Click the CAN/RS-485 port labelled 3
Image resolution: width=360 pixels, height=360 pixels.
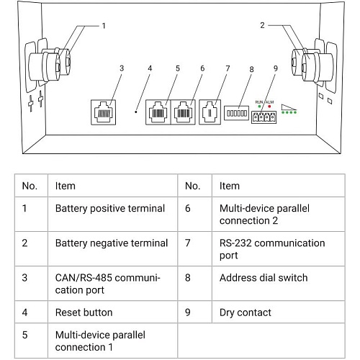click(x=104, y=112)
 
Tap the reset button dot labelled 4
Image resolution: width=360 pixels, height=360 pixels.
click(x=136, y=112)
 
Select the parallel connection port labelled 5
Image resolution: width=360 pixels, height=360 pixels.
click(x=158, y=112)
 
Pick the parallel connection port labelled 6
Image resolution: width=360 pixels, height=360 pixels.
click(x=183, y=112)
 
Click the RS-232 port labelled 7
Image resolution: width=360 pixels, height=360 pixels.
click(x=210, y=112)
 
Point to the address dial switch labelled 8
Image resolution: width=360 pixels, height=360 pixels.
click(x=236, y=113)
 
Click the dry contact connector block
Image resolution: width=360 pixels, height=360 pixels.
click(x=264, y=117)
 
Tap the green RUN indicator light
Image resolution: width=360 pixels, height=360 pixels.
click(x=259, y=107)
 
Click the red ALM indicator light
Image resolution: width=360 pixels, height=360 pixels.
click(x=269, y=107)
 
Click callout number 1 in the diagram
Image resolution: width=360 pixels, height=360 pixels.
click(x=104, y=26)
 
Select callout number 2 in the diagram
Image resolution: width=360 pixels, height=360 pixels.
click(x=262, y=25)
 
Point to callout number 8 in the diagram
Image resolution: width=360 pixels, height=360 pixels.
click(x=251, y=69)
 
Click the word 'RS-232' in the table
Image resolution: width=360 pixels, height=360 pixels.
click(x=235, y=243)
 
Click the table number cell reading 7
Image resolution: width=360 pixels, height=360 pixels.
click(x=195, y=249)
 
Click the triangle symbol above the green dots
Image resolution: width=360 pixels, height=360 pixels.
click(x=289, y=107)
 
